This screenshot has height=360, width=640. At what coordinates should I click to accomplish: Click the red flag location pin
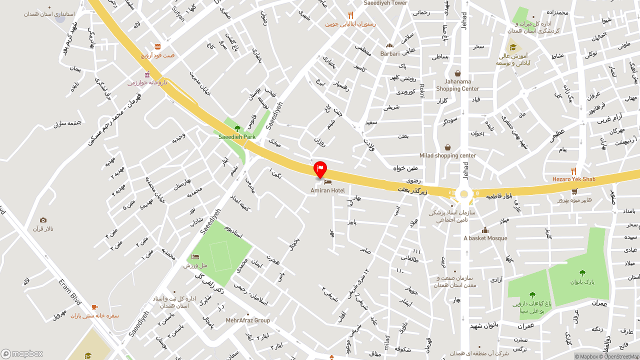point(320,169)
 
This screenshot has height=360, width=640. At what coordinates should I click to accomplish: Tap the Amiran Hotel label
point(327,190)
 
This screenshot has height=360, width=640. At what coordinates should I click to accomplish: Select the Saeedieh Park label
point(237,136)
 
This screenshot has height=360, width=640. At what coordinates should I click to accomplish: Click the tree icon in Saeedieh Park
point(237,128)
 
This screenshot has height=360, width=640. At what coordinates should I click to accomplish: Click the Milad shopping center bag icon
point(447,147)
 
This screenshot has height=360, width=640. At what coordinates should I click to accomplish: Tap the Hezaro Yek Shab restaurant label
point(573,179)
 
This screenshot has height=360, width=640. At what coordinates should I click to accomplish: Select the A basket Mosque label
point(485,238)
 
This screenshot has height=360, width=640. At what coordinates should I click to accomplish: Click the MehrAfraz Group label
point(248,320)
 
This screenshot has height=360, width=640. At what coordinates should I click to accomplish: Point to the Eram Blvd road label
point(69,292)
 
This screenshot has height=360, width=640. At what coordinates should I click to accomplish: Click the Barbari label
point(390,53)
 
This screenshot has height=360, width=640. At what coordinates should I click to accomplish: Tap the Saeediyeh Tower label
point(385,3)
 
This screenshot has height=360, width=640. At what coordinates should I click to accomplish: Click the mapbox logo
point(22,353)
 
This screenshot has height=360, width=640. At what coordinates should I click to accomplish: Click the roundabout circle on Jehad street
point(464,194)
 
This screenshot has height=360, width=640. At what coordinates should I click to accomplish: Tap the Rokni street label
point(421,90)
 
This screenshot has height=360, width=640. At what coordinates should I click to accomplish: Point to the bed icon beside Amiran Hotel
point(328,182)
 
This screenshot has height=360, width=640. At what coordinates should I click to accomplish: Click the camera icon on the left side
point(43,220)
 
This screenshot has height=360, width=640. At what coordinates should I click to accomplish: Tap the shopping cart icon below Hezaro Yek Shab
point(574,191)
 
